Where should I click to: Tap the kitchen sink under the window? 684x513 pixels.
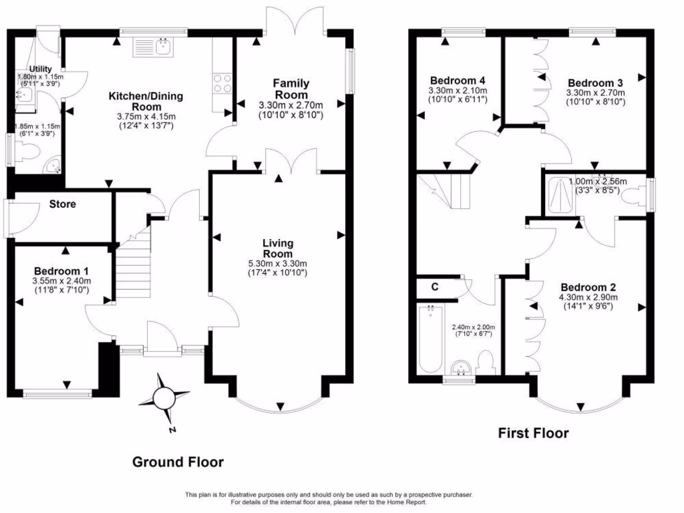click(154, 46)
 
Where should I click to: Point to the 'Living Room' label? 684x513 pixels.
click(277, 248)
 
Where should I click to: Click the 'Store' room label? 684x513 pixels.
click(62, 204)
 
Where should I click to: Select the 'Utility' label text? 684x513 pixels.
click(40, 69)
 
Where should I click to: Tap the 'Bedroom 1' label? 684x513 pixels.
click(61, 271)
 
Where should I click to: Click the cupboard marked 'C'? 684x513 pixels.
click(434, 287)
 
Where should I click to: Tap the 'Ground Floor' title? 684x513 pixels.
click(178, 462)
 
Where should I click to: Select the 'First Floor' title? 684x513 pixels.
click(534, 433)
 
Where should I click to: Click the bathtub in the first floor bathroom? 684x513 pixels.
click(429, 339)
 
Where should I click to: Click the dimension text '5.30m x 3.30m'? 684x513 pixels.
click(277, 264)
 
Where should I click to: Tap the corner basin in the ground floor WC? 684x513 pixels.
click(53, 165)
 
